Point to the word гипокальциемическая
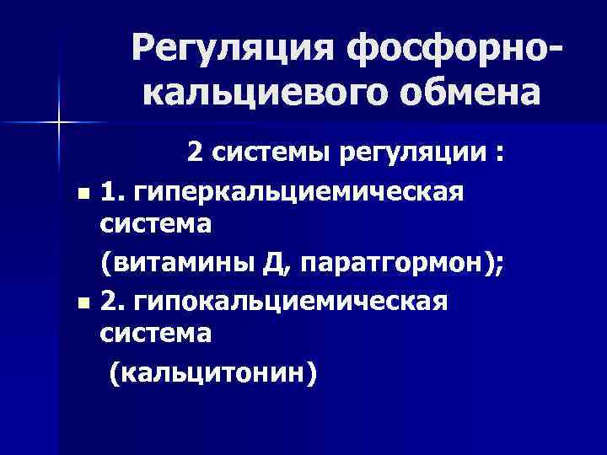coord(287,301)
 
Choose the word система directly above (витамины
coord(156,227)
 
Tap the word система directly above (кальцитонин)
coord(156,334)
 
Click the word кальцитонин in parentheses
coord(213,372)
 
